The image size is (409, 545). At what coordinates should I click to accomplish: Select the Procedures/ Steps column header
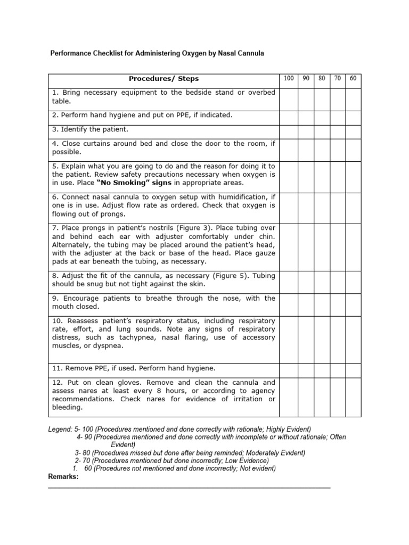click(x=163, y=79)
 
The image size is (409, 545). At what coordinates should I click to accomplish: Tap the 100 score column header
click(x=289, y=79)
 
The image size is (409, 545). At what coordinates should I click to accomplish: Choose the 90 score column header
click(x=306, y=79)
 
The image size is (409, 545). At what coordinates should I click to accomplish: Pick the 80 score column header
click(x=322, y=79)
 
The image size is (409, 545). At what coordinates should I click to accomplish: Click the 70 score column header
click(x=337, y=79)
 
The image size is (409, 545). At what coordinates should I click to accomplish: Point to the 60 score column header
click(x=353, y=79)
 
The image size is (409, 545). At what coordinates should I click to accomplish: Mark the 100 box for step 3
click(x=289, y=129)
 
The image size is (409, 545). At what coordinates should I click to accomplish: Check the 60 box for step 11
click(x=353, y=368)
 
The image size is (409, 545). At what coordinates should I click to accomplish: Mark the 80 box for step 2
click(x=322, y=114)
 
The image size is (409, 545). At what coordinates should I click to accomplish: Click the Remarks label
click(x=63, y=477)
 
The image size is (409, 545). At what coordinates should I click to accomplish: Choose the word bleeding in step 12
click(x=68, y=408)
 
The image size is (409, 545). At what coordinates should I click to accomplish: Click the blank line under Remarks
click(x=189, y=487)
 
